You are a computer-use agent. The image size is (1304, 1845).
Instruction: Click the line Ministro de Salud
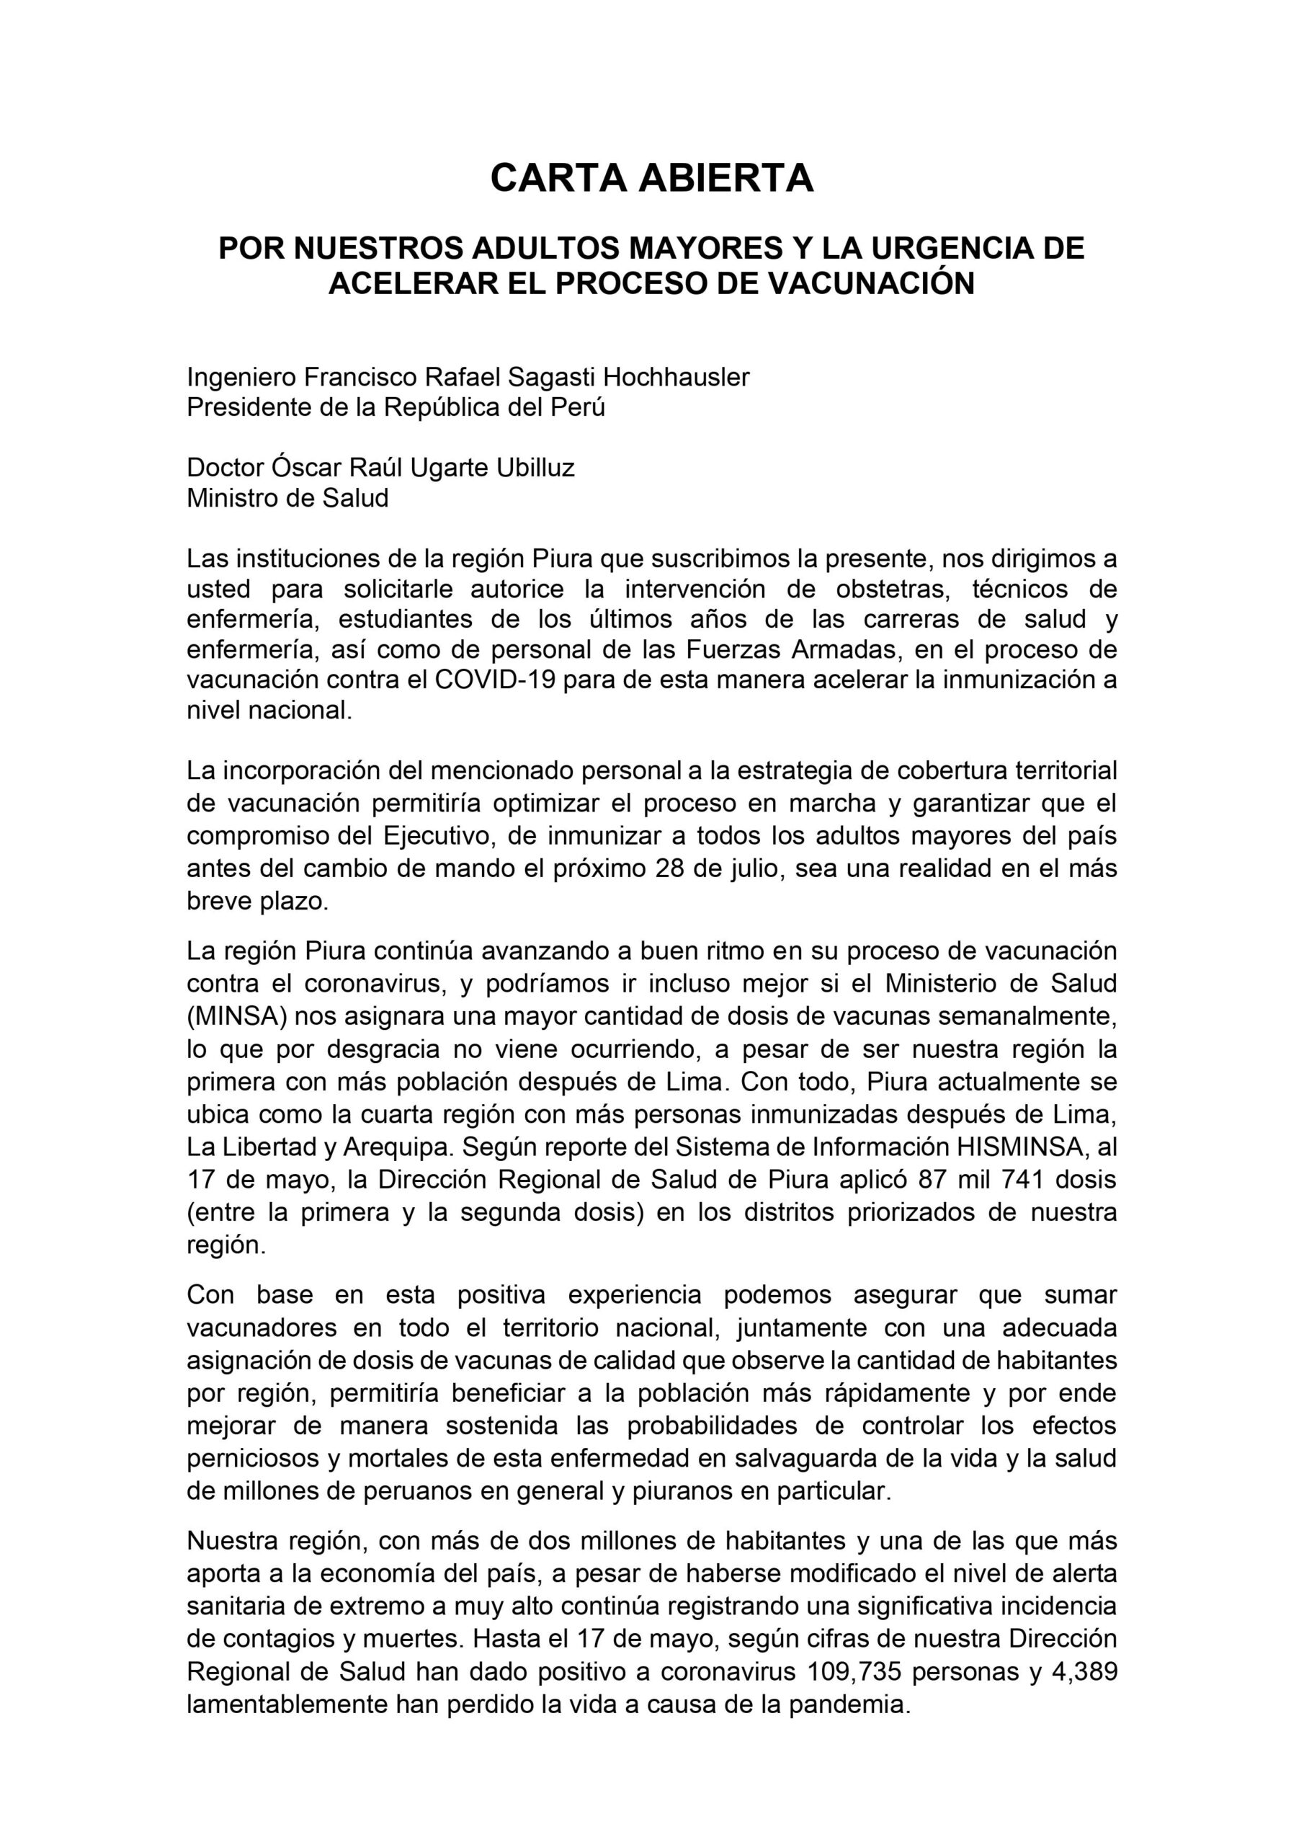click(287, 498)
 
